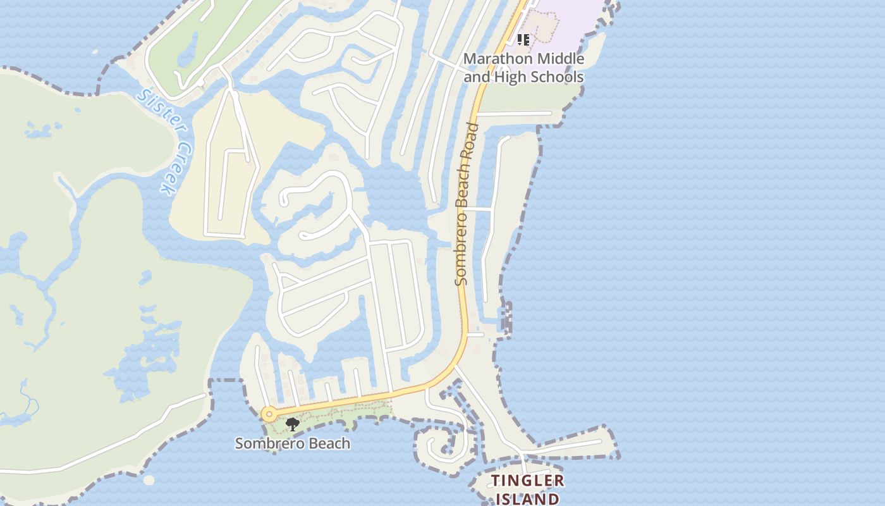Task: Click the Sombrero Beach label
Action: [293, 443]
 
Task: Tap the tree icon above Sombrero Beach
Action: [292, 424]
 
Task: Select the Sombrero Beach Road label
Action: [466, 204]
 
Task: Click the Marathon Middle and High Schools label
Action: [523, 68]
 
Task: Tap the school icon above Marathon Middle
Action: [523, 40]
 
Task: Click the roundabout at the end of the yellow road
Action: [269, 415]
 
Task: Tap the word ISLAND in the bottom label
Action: [528, 498]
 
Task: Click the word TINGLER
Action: [528, 481]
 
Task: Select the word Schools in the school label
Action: [557, 77]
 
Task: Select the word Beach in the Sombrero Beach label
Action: [327, 443]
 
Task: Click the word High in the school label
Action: [510, 77]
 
